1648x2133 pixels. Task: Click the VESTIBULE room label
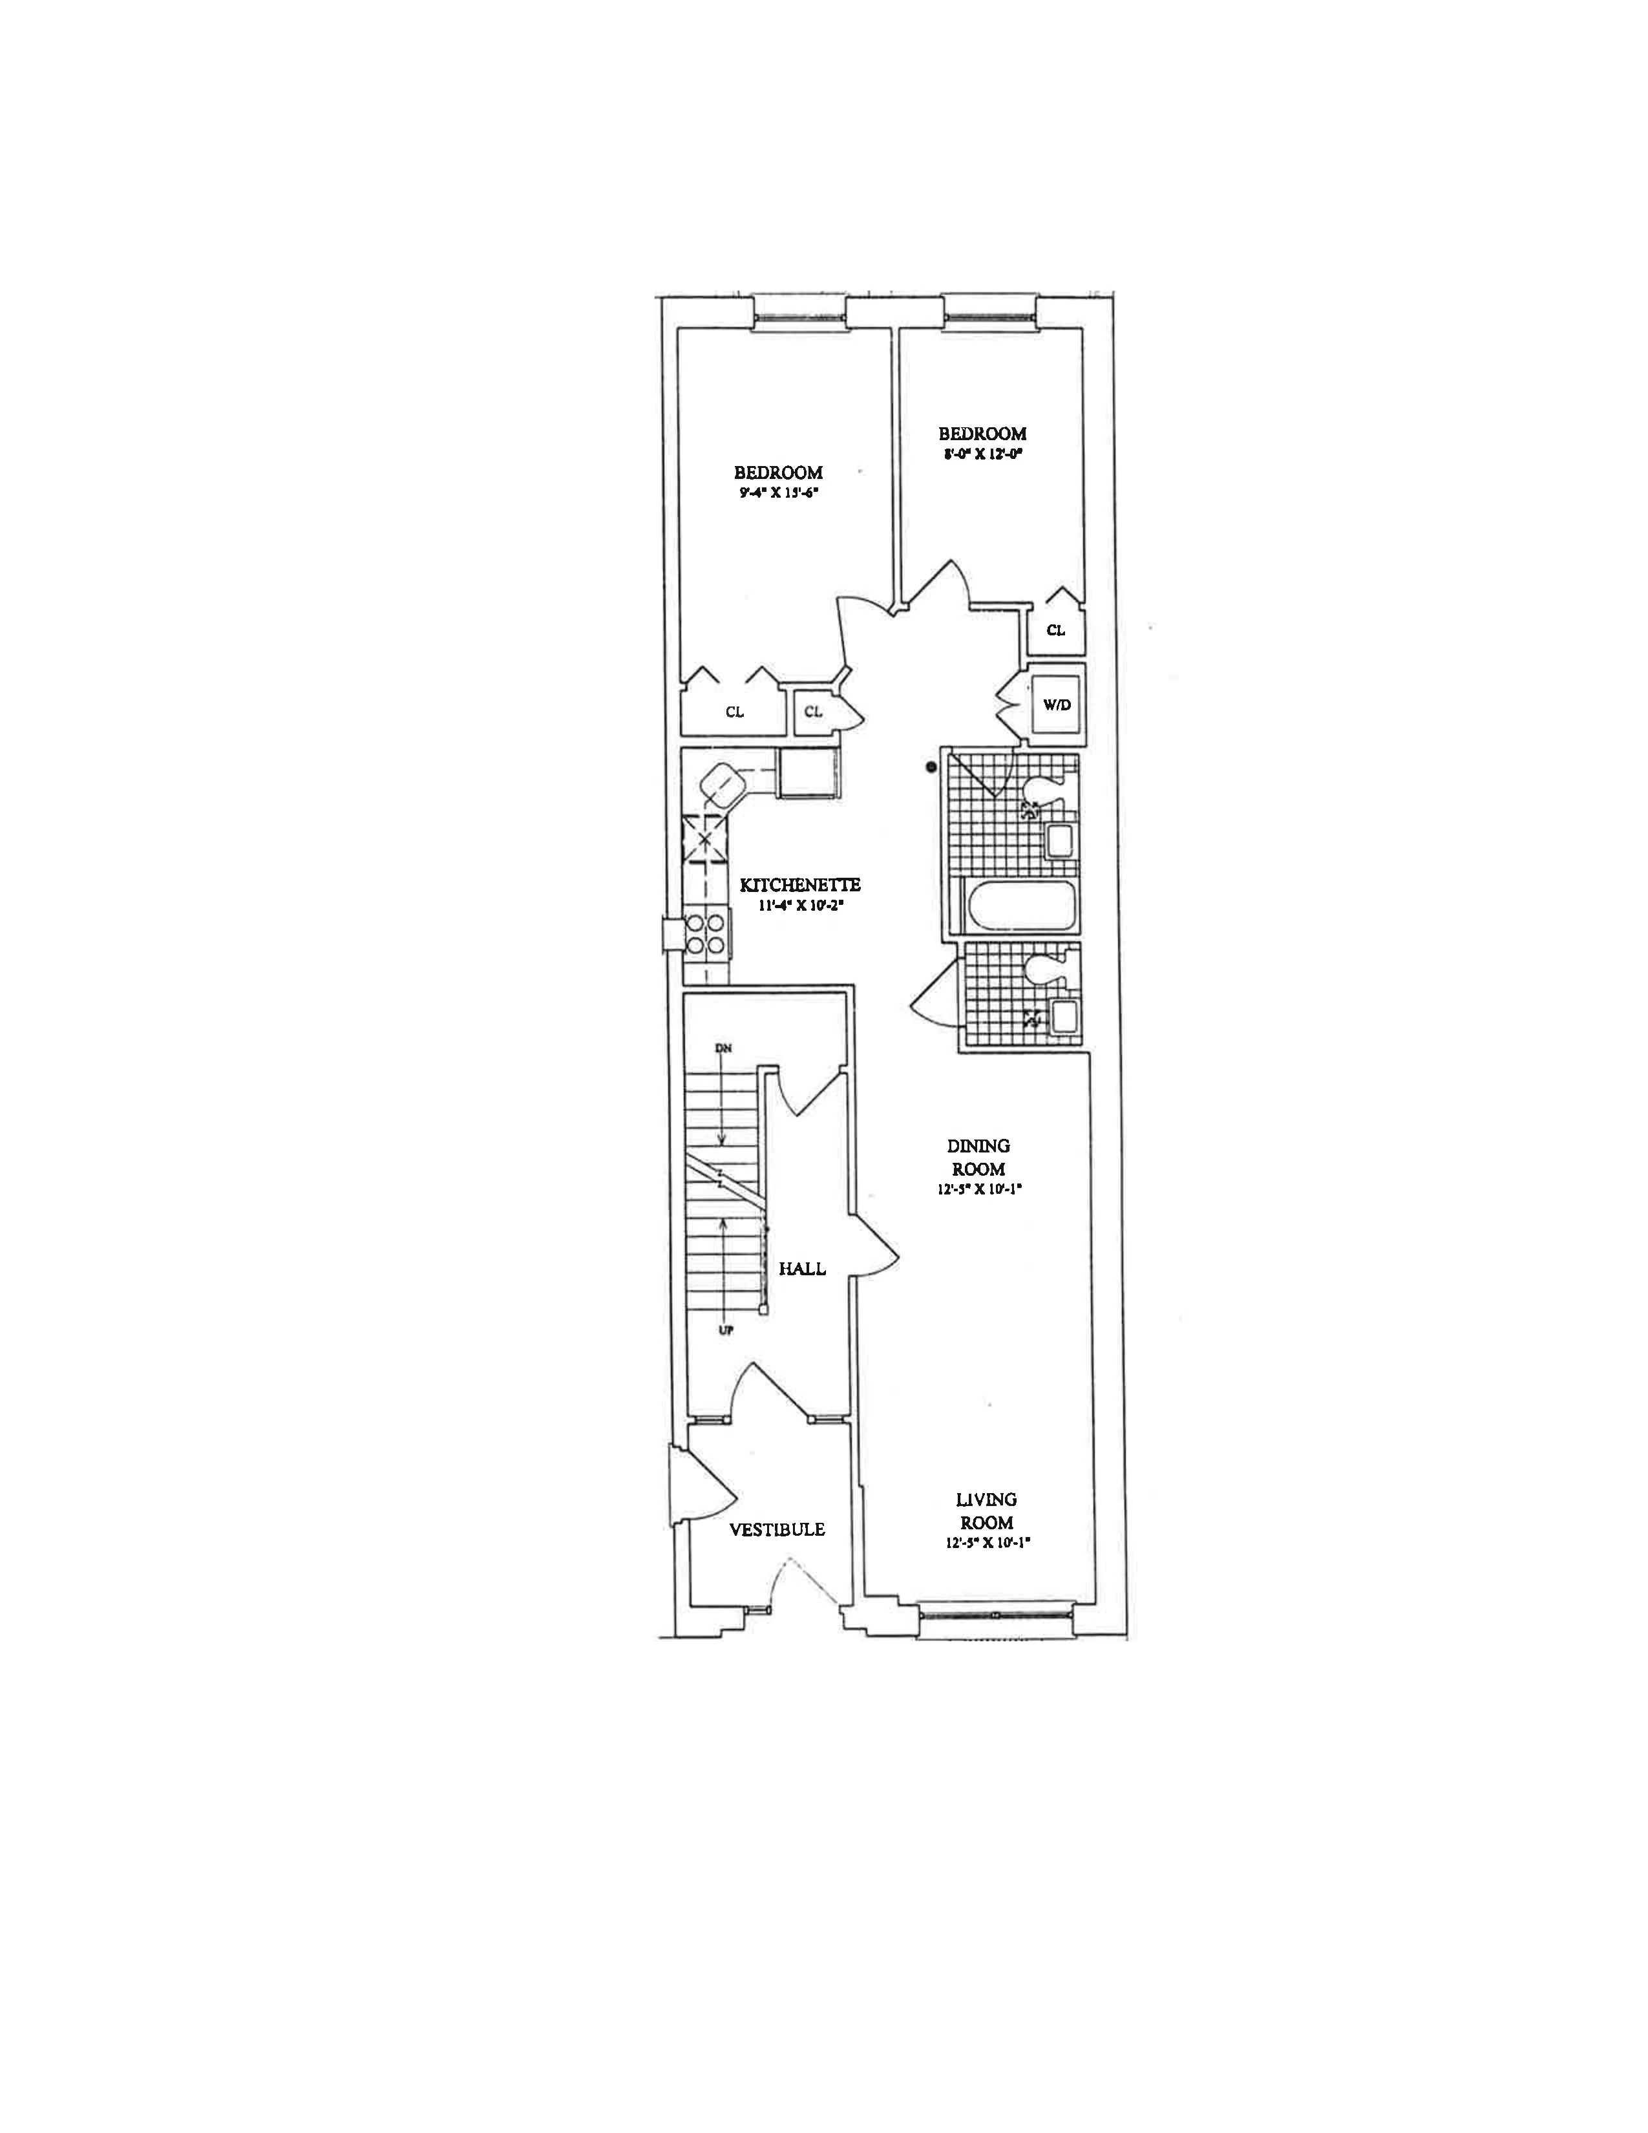[x=776, y=1529]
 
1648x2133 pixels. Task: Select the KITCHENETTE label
[x=799, y=885]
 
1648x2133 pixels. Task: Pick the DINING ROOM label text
[x=978, y=1158]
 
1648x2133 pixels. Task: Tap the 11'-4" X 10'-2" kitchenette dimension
[x=799, y=906]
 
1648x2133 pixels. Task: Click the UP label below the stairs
[x=723, y=1330]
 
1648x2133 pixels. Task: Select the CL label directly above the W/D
[x=1055, y=630]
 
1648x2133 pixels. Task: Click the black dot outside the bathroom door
[x=931, y=767]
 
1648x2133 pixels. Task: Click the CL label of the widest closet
[x=734, y=712]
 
